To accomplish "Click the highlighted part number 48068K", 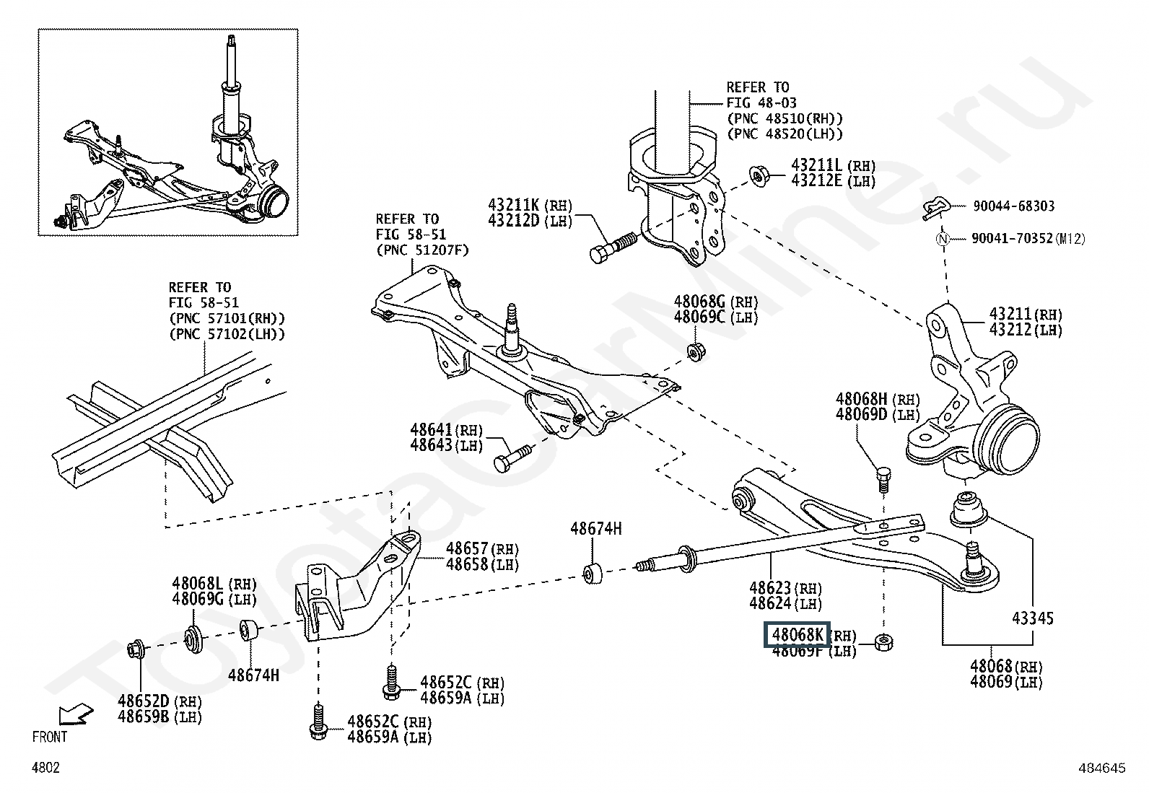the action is [797, 635].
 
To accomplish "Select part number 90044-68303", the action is [1013, 206].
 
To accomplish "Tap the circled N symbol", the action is [943, 239].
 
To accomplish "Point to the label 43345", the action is [1033, 618].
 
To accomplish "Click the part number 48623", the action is [770, 588].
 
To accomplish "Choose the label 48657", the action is [467, 549].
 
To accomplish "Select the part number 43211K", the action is [513, 205].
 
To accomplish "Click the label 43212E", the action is [816, 180].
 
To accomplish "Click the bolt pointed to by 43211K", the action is [613, 247].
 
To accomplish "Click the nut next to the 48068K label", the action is [883, 641].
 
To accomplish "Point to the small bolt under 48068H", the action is [883, 478].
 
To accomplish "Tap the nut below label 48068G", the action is [696, 351].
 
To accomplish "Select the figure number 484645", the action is [1102, 768].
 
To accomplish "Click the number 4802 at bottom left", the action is [45, 767].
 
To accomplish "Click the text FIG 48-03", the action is [761, 102].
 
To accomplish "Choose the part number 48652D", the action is [144, 701].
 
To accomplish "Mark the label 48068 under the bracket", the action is [991, 666].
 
